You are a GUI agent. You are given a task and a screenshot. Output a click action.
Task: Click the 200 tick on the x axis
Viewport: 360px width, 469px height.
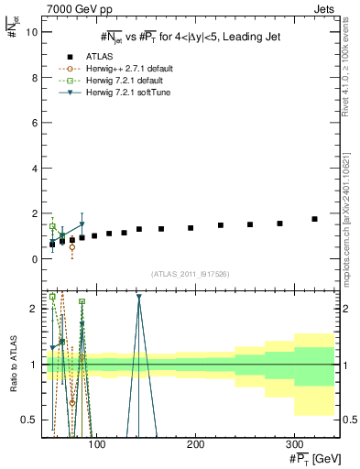[x=195, y=442]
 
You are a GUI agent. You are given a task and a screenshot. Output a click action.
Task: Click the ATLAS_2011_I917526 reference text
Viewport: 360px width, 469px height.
[x=190, y=274]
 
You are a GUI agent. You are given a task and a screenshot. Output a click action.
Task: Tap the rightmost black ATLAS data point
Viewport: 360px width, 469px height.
[x=315, y=219]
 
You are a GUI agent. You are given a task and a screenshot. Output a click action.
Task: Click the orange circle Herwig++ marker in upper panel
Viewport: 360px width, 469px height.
[x=72, y=247]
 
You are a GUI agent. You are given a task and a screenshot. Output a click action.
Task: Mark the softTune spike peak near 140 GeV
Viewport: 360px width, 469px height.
[x=138, y=297]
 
